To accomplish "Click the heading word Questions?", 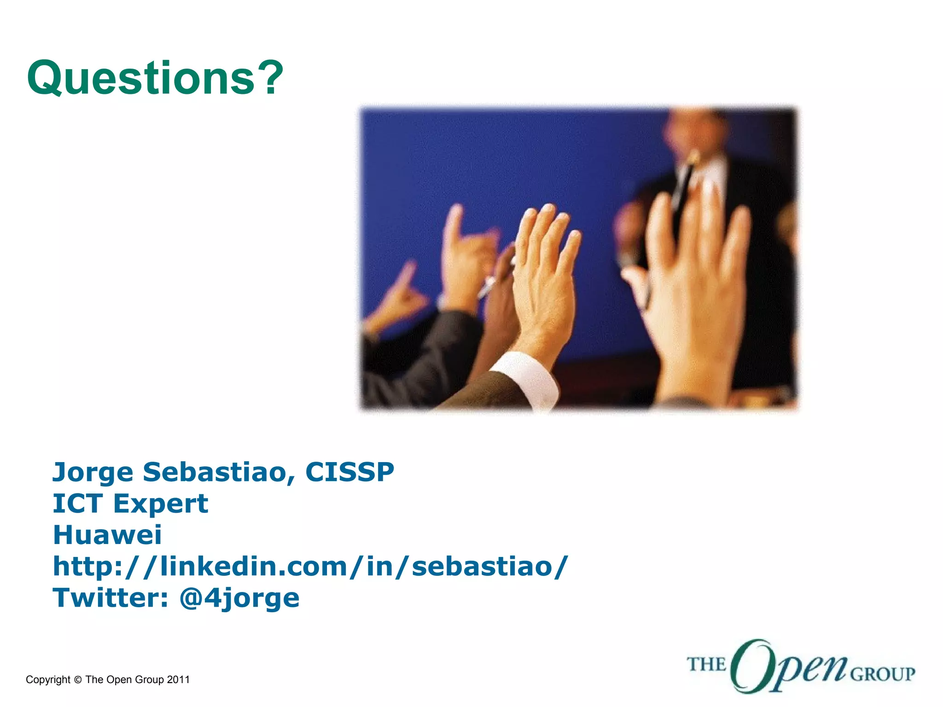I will (x=154, y=78).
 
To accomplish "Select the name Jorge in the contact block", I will (x=93, y=473).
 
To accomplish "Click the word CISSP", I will (x=349, y=472).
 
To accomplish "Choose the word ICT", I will (x=77, y=504).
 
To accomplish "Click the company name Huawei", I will (x=107, y=535).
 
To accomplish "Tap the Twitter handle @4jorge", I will (x=239, y=598).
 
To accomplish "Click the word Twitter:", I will (x=111, y=597).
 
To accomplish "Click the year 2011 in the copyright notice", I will (x=178, y=680).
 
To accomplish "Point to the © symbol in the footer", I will (x=77, y=680).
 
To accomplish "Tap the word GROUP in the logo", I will (x=882, y=675).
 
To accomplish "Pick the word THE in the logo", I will (x=706, y=665).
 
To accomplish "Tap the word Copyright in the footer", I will (x=48, y=680).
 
